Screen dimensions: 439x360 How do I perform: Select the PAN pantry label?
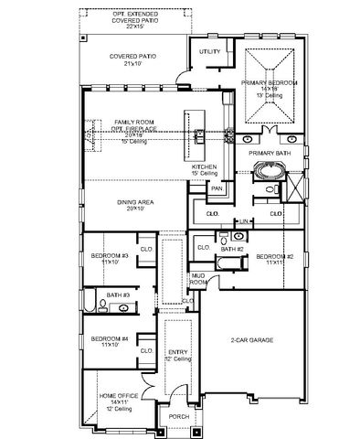[x=217, y=188]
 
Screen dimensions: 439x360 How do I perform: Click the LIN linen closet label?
[x=244, y=221]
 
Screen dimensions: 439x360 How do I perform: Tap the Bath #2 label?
[x=233, y=248]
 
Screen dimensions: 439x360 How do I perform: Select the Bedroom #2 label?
[x=273, y=257]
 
